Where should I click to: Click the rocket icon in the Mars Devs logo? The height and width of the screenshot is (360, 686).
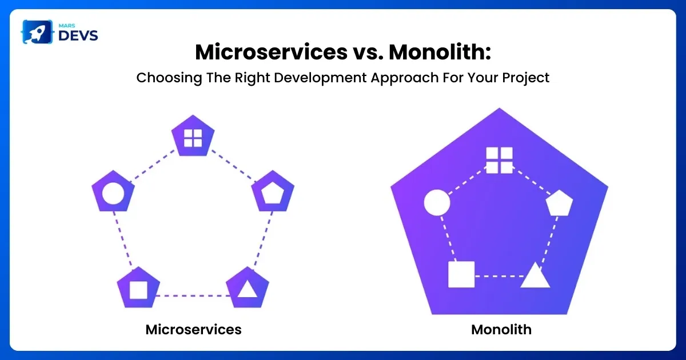click(x=37, y=32)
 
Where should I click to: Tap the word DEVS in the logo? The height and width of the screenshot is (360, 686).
click(x=78, y=36)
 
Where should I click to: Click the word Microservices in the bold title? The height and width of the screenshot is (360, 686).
click(x=272, y=52)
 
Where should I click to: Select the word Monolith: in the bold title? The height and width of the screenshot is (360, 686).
click(x=440, y=52)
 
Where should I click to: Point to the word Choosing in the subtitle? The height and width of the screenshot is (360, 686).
click(x=169, y=78)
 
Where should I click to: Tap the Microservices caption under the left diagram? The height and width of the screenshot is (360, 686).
click(x=194, y=330)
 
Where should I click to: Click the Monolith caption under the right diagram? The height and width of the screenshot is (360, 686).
click(x=501, y=330)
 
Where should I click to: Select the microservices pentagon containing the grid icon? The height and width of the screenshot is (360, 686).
click(x=193, y=137)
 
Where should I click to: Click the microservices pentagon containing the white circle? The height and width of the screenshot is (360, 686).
click(x=113, y=192)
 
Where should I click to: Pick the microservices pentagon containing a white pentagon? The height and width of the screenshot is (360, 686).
click(x=273, y=192)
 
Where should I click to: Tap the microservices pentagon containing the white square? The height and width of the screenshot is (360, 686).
click(x=138, y=289)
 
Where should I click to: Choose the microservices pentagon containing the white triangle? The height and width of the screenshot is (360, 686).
click(x=248, y=289)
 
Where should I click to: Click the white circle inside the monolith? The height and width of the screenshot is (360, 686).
click(x=437, y=202)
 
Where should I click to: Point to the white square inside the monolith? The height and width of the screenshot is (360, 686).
click(x=461, y=274)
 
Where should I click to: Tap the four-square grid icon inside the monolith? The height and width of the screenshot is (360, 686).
click(x=500, y=161)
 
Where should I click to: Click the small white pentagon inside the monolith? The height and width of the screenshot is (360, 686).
click(x=560, y=203)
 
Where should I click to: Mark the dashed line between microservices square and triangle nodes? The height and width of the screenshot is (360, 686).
click(x=193, y=296)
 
